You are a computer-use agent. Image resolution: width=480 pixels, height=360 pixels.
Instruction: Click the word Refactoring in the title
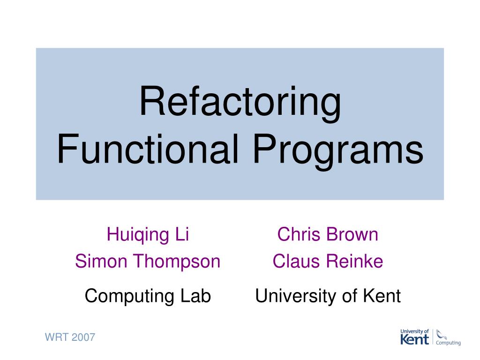(x=240, y=102)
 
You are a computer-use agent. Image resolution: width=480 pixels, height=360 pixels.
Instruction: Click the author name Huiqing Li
(x=148, y=234)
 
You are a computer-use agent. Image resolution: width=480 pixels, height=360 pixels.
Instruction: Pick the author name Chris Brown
(x=328, y=234)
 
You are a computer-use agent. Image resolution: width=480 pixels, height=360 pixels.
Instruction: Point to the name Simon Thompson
(x=148, y=261)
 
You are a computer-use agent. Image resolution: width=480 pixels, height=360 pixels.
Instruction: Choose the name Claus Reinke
(x=328, y=261)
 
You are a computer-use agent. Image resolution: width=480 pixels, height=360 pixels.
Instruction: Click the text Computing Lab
(x=148, y=296)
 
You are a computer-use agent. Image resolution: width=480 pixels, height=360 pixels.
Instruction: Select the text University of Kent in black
(x=328, y=296)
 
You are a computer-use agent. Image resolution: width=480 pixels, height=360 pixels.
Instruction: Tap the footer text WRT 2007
(x=70, y=337)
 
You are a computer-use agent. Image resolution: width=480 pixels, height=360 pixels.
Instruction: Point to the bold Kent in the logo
(x=414, y=339)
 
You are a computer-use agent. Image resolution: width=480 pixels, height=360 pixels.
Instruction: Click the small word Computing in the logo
(x=448, y=343)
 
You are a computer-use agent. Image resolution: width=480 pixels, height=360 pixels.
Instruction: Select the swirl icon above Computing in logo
(x=441, y=334)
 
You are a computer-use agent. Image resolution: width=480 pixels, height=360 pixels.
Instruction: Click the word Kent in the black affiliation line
(x=382, y=296)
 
